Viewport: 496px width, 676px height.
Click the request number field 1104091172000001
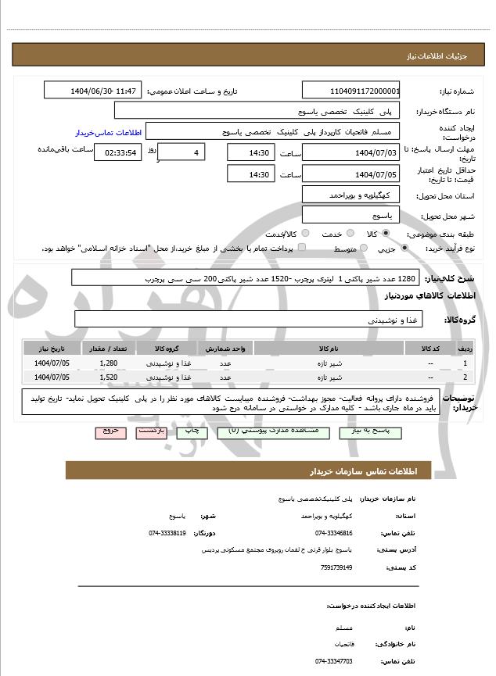point(351,91)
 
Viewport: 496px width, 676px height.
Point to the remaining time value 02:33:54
point(117,152)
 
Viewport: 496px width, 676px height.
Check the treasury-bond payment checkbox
point(303,249)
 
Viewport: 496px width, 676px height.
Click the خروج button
point(110,430)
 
